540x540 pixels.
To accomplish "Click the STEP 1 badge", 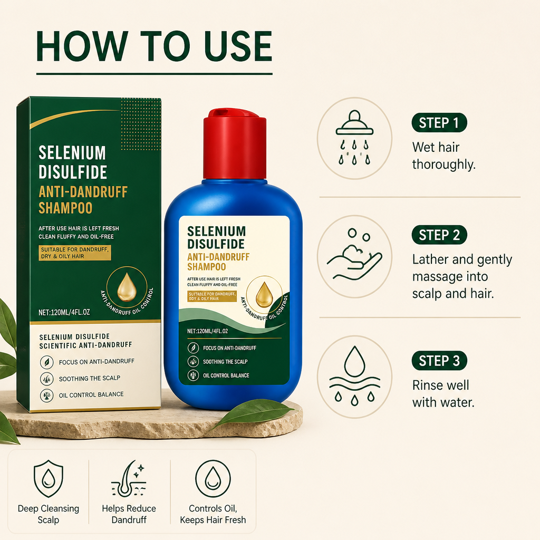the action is point(439,122).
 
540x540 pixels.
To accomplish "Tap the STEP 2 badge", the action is point(439,235).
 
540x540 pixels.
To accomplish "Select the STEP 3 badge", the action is point(439,361).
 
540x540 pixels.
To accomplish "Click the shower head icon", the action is point(354,138).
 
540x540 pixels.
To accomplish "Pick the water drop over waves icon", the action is point(354,375).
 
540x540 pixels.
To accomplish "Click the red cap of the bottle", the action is point(235,144).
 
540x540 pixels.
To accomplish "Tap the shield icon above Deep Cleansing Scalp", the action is point(49,478).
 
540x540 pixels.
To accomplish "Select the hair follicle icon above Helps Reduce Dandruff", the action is point(129,478).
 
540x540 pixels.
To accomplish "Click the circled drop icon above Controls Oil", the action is point(213,479).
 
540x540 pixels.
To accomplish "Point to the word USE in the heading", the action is point(238,46).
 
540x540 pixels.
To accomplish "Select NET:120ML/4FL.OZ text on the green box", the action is point(64,312).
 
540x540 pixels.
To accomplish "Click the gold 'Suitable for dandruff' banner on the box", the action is point(75,253).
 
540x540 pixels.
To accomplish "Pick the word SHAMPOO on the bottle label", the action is point(207,267).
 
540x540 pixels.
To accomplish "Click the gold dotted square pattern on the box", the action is point(141,124).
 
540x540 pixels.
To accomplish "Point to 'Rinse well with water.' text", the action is point(443,393).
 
